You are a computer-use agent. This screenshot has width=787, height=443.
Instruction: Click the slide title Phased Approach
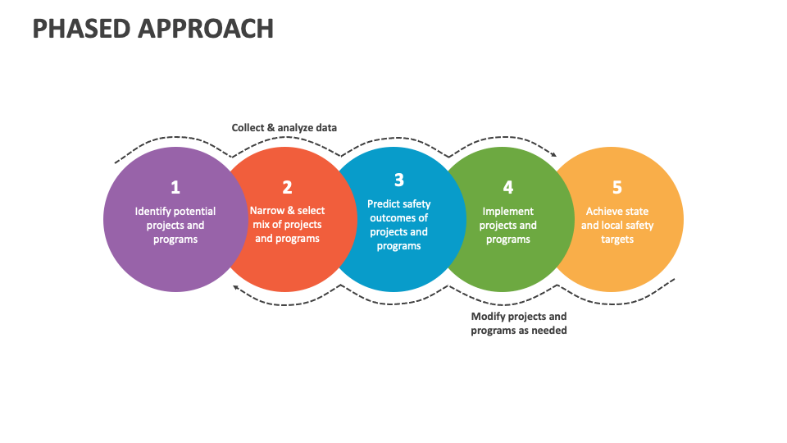153,28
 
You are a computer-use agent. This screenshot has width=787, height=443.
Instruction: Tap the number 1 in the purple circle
175,187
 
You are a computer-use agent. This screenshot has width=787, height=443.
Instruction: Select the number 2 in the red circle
287,187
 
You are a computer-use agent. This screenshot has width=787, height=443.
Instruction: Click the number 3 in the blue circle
399,180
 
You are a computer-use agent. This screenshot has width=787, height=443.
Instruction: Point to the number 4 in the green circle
508,187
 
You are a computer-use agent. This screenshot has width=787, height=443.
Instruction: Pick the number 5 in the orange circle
617,187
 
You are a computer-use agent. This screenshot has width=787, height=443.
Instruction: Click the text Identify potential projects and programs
175,226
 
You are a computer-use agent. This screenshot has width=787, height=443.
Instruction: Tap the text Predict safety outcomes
399,211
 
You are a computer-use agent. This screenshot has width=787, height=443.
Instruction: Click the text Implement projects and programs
508,226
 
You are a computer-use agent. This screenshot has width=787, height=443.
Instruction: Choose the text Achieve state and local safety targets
617,226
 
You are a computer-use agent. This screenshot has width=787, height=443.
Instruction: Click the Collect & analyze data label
284,128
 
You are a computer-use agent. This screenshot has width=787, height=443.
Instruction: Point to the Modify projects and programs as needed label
519,323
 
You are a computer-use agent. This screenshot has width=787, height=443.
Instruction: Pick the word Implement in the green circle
508,212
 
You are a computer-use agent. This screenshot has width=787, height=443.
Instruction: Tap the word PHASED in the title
80,28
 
